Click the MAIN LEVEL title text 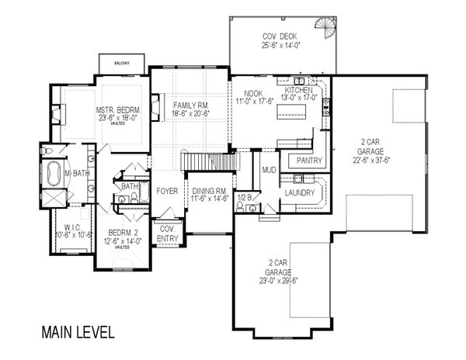[78, 332]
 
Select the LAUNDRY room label [299, 192]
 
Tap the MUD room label [270, 169]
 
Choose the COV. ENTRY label [168, 234]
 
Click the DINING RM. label [210, 190]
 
